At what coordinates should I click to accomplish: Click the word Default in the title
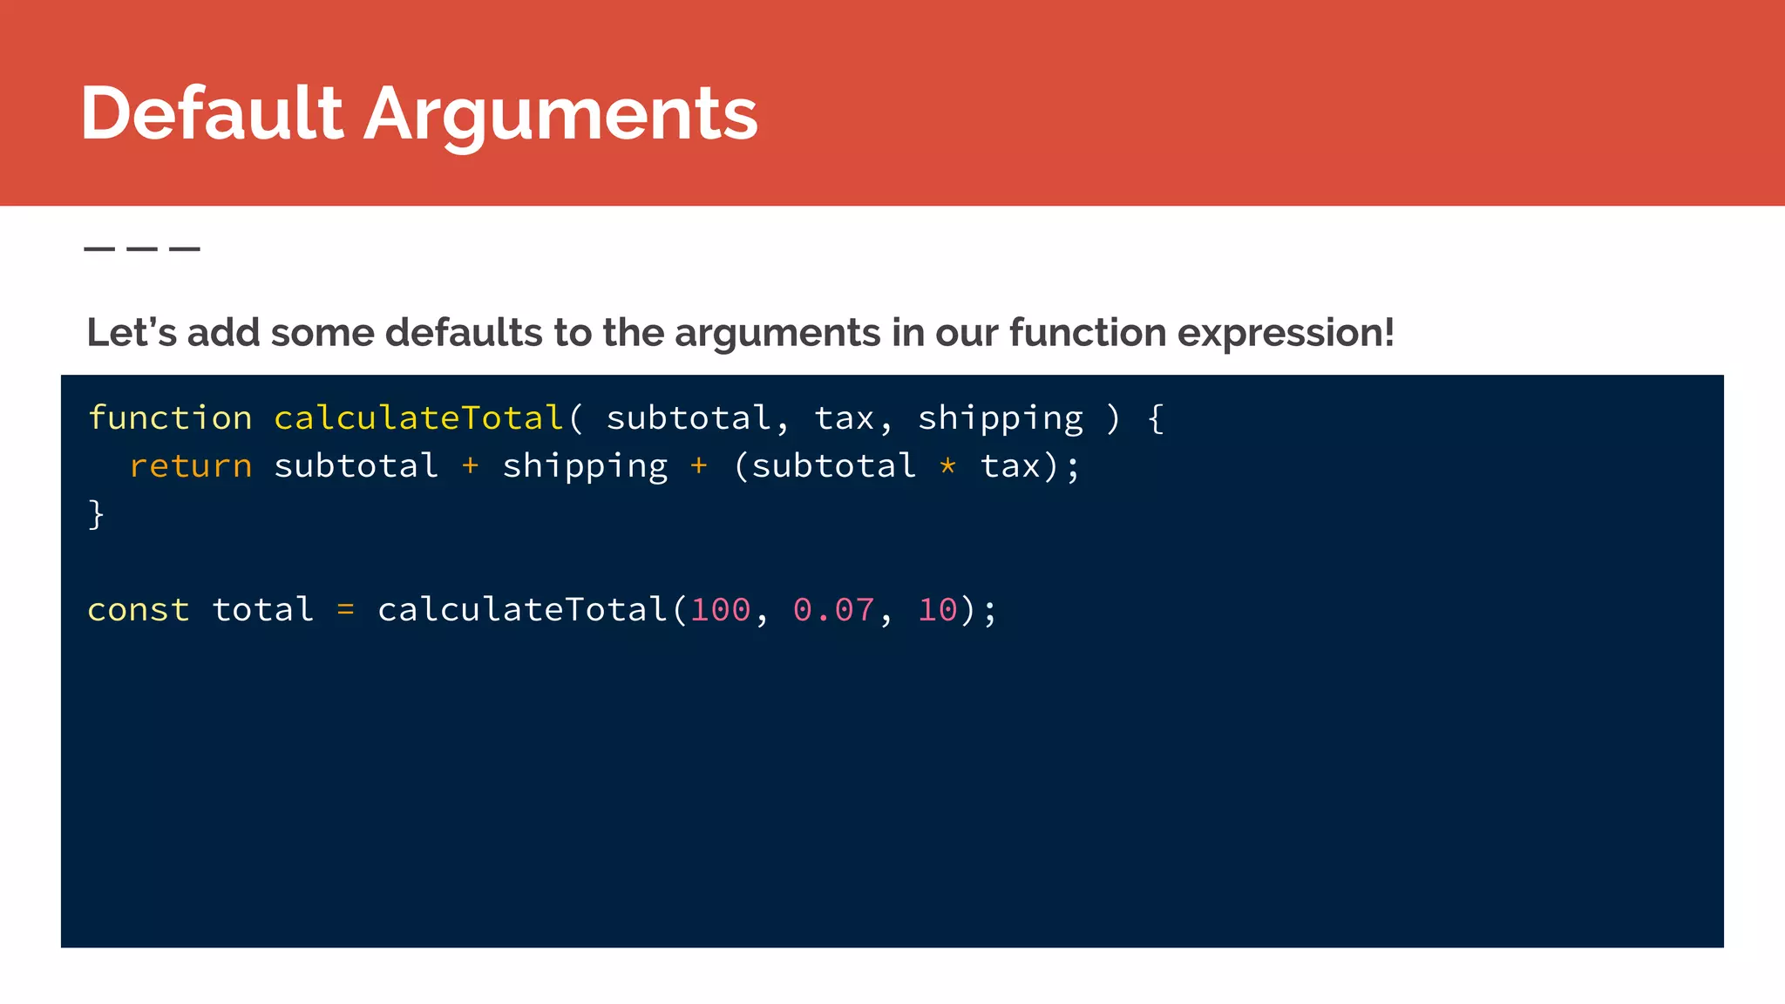[212, 113]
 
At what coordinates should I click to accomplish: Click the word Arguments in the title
[560, 115]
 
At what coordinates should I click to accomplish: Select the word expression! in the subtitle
[1286, 333]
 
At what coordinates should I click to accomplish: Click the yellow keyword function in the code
[170, 418]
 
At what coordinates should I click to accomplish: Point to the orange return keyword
[191, 466]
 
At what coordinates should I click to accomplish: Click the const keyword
[139, 609]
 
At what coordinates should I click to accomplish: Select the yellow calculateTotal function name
[418, 418]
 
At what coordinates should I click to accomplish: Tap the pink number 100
[721, 609]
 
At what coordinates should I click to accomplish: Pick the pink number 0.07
[834, 609]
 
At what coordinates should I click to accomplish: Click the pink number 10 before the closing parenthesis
[938, 609]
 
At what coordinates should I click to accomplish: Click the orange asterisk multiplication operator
[948, 466]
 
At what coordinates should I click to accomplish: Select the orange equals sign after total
[346, 609]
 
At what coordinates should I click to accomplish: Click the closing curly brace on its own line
[96, 514]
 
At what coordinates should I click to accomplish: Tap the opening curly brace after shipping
[1156, 419]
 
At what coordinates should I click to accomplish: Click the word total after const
[263, 609]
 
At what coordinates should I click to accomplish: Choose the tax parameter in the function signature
[844, 419]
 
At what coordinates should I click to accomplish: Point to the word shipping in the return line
[585, 466]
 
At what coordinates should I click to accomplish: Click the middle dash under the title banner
[142, 249]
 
